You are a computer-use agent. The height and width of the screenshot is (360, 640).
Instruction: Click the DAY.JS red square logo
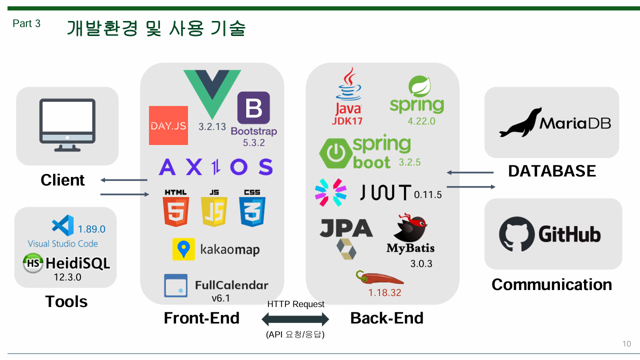pyautogui.click(x=168, y=125)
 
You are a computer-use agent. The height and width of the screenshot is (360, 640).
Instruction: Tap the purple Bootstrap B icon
pyautogui.click(x=253, y=107)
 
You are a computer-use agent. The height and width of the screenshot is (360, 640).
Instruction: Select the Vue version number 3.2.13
pyautogui.click(x=212, y=126)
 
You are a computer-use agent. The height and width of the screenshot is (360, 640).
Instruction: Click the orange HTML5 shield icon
pyautogui.click(x=175, y=212)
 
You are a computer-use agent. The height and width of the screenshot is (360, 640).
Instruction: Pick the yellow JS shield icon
pyautogui.click(x=214, y=212)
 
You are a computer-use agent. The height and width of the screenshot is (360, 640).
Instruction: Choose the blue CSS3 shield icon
pyautogui.click(x=252, y=212)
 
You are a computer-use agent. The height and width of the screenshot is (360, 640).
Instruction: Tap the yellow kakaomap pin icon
pyautogui.click(x=183, y=249)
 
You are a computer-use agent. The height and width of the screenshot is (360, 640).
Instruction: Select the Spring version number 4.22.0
pyautogui.click(x=421, y=120)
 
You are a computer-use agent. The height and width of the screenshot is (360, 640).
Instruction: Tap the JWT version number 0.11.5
pyautogui.click(x=428, y=195)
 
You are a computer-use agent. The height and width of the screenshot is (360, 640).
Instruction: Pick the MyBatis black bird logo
pyautogui.click(x=410, y=228)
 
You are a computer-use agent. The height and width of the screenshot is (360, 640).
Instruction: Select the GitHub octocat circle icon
pyautogui.click(x=516, y=234)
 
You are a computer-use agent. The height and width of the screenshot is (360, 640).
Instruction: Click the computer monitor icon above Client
pyautogui.click(x=67, y=124)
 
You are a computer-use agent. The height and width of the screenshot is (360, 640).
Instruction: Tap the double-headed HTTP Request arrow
pyautogui.click(x=295, y=319)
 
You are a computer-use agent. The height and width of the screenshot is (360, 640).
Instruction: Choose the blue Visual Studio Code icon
pyautogui.click(x=63, y=225)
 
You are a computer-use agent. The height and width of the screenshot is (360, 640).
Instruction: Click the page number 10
pyautogui.click(x=626, y=344)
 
